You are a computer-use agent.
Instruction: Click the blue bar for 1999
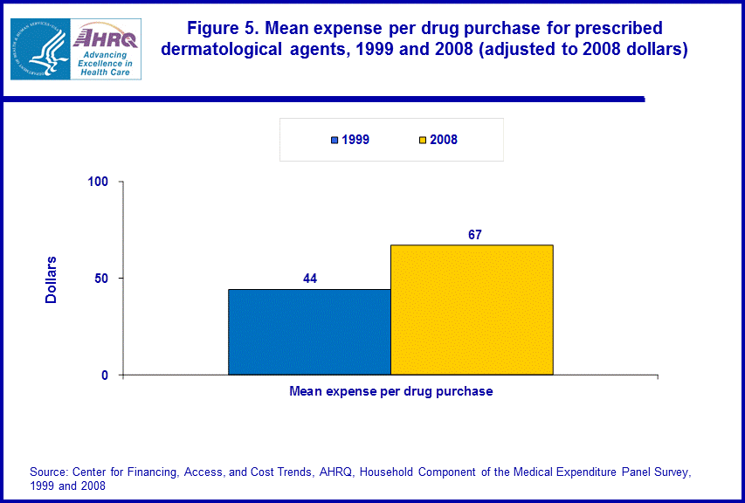point(309,332)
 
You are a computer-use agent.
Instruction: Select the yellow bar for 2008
point(472,310)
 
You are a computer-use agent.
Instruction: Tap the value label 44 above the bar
point(309,279)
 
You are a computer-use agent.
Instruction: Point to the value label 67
point(474,234)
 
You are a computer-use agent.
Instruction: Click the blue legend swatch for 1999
point(335,140)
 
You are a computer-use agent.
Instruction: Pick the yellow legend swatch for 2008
point(422,140)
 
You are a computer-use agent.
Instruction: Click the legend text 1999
point(355,140)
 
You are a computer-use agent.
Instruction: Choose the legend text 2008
point(443,140)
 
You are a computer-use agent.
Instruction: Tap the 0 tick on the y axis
point(104,376)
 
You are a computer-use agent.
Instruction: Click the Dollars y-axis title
point(52,279)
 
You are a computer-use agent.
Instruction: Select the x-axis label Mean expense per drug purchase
point(390,391)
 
